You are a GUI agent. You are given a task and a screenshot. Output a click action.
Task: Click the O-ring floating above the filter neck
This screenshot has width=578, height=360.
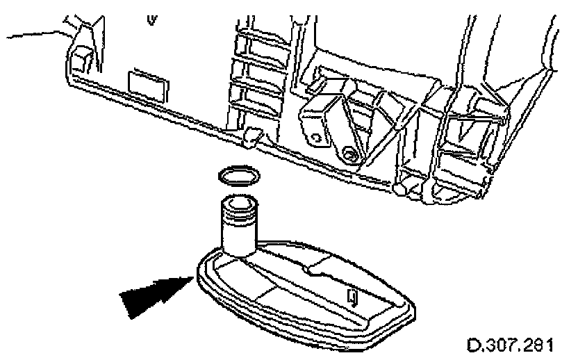click(x=236, y=176)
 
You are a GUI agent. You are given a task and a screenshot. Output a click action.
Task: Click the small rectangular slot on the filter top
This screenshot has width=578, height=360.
click(x=352, y=297)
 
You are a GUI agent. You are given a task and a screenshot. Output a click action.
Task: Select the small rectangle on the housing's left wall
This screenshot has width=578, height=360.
click(x=147, y=85)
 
